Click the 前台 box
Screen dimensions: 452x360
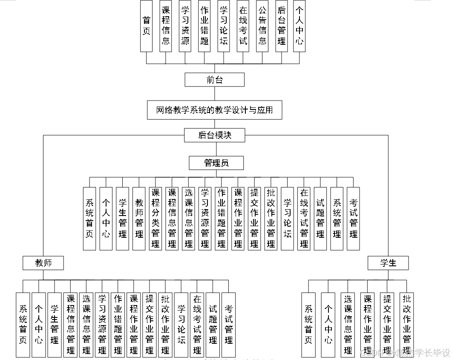pyautogui.click(x=214, y=80)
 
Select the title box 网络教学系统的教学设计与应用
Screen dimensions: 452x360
pyautogui.click(x=214, y=110)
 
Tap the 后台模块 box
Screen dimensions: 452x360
pyautogui.click(x=214, y=135)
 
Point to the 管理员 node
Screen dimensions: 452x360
pyautogui.click(x=216, y=162)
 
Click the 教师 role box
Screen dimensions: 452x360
pyautogui.click(x=43, y=263)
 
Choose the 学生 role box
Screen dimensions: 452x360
pyautogui.click(x=388, y=263)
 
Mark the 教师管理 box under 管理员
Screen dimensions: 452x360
pyautogui.click(x=139, y=218)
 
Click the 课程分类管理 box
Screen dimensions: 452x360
pyautogui.click(x=155, y=218)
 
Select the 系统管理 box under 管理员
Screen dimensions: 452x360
pyautogui.click(x=337, y=218)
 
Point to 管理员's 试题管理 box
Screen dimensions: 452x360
pyautogui.click(x=320, y=218)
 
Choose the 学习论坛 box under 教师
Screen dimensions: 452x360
pyautogui.click(x=181, y=325)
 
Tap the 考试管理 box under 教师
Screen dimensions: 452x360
pyautogui.click(x=229, y=325)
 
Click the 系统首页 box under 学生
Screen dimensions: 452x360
pyautogui.click(x=308, y=325)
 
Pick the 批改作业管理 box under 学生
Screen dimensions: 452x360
pyautogui.click(x=407, y=325)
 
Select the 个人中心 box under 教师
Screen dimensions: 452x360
pyautogui.click(x=39, y=325)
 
